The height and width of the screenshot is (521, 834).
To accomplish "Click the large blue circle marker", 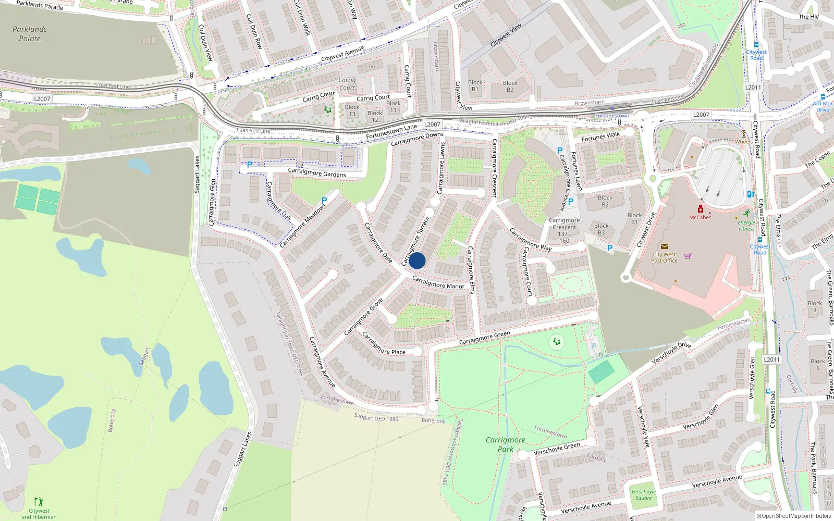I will coord(417,260).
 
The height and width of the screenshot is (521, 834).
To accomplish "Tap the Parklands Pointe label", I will coord(30,34).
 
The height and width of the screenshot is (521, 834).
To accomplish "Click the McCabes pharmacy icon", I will coord(700,209).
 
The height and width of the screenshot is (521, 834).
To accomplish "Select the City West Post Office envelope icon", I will coord(664,246).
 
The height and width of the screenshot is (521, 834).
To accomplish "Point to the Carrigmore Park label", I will coord(505,444).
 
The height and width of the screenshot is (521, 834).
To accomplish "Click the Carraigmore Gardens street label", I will coord(316,173).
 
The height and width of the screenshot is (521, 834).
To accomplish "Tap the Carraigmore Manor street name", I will coord(438,283).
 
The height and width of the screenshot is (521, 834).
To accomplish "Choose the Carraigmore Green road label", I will coord(484,338).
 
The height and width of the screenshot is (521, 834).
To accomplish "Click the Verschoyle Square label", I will coord(643,494).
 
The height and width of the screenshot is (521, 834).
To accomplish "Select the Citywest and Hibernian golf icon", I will coord(39,502).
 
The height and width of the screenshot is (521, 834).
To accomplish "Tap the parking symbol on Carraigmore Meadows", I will coord(324,201).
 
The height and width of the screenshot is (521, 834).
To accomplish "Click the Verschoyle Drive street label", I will coord(671,353).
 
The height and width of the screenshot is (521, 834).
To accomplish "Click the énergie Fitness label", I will coord(746,226).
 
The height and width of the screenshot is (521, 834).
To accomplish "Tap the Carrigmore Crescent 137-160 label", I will coord(564,230).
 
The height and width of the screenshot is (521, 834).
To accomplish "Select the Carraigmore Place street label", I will coord(384,344).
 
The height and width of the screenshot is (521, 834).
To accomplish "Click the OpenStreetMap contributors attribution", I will coord(794,516).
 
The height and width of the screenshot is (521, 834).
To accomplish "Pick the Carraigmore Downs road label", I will coord(417,139).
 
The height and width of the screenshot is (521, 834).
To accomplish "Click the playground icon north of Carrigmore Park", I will coord(557,342).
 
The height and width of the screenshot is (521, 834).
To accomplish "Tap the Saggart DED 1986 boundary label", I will coord(376,417).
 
